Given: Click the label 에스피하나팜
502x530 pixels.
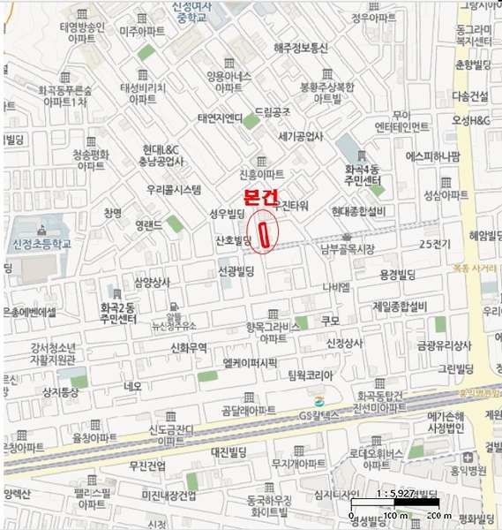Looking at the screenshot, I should (x=432, y=157).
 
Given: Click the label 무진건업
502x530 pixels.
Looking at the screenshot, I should (x=146, y=465).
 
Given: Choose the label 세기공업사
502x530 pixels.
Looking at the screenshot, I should (x=301, y=137).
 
